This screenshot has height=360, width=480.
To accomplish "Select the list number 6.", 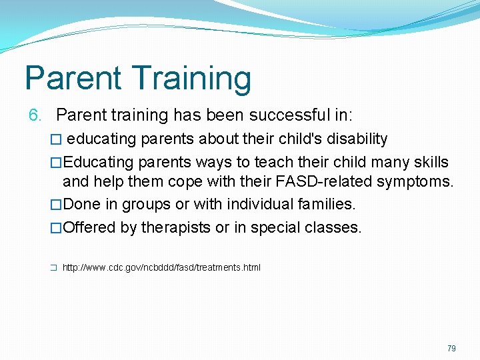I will (35, 115).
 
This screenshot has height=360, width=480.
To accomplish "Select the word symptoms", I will (415, 181).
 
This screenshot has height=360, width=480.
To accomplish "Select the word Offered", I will (89, 227).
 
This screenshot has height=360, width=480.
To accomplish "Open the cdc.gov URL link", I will (161, 267).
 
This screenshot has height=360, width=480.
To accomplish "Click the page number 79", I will (451, 349).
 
